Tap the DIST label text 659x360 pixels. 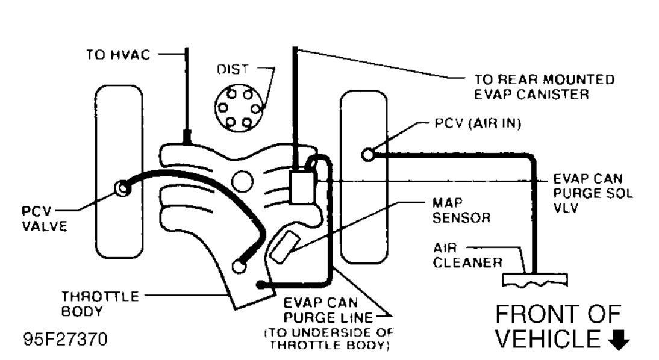[x=232, y=70]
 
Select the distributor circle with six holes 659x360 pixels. [x=239, y=109]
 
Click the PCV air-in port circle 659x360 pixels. [x=369, y=155]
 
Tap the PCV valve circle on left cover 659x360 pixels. [x=123, y=189]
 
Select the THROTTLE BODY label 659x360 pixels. [x=99, y=304]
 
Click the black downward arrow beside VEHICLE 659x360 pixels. [x=619, y=341]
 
